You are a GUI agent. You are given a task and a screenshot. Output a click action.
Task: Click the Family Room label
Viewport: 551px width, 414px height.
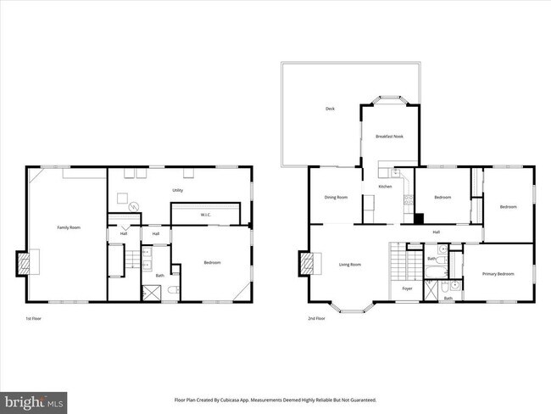click(68, 227)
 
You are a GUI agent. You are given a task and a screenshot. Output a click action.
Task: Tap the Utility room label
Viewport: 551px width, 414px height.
click(178, 190)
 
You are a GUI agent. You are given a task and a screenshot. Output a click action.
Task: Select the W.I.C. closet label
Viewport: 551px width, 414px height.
click(205, 215)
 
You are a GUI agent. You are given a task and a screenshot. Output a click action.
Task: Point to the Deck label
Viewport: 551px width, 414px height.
click(330, 109)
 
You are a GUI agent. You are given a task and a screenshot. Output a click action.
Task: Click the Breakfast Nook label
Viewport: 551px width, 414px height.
click(389, 136)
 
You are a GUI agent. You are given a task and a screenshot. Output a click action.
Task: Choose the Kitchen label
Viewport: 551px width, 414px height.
click(385, 186)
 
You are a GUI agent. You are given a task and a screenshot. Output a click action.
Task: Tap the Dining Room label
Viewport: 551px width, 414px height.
click(336, 197)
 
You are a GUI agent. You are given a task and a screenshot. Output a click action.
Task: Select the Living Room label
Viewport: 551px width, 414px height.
click(350, 265)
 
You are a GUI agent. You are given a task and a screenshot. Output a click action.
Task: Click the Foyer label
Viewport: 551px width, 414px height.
click(407, 288)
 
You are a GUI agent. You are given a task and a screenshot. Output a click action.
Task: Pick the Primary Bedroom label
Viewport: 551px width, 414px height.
click(498, 273)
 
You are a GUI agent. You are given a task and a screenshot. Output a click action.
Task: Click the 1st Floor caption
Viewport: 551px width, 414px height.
click(33, 318)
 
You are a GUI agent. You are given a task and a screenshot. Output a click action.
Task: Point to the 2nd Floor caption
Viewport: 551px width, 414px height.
click(317, 318)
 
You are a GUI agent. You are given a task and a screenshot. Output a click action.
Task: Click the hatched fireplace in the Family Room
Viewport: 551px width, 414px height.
click(25, 264)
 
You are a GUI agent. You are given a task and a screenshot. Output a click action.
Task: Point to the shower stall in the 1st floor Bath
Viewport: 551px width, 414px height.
click(152, 293)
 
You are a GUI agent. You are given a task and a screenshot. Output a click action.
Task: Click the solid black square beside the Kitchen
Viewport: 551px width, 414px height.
click(418, 217)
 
